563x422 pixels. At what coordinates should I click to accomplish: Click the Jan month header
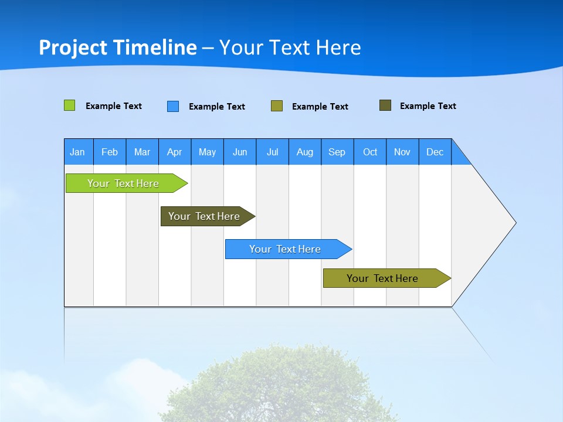tap(78, 152)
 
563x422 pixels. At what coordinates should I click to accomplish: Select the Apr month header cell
tap(175, 152)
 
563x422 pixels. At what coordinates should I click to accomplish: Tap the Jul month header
tap(273, 152)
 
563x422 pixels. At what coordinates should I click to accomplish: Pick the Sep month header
tap(337, 152)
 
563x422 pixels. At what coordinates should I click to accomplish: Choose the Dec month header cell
tap(435, 152)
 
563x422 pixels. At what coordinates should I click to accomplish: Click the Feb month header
tap(110, 152)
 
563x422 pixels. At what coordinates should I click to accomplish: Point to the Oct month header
tap(370, 152)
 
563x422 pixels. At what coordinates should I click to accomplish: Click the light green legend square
tap(69, 105)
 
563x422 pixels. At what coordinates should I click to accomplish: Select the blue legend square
tap(173, 106)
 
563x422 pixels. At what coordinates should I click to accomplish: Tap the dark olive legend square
tap(385, 105)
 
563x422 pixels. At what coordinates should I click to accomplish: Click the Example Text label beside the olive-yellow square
tap(320, 107)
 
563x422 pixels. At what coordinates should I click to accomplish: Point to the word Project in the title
tap(74, 47)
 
